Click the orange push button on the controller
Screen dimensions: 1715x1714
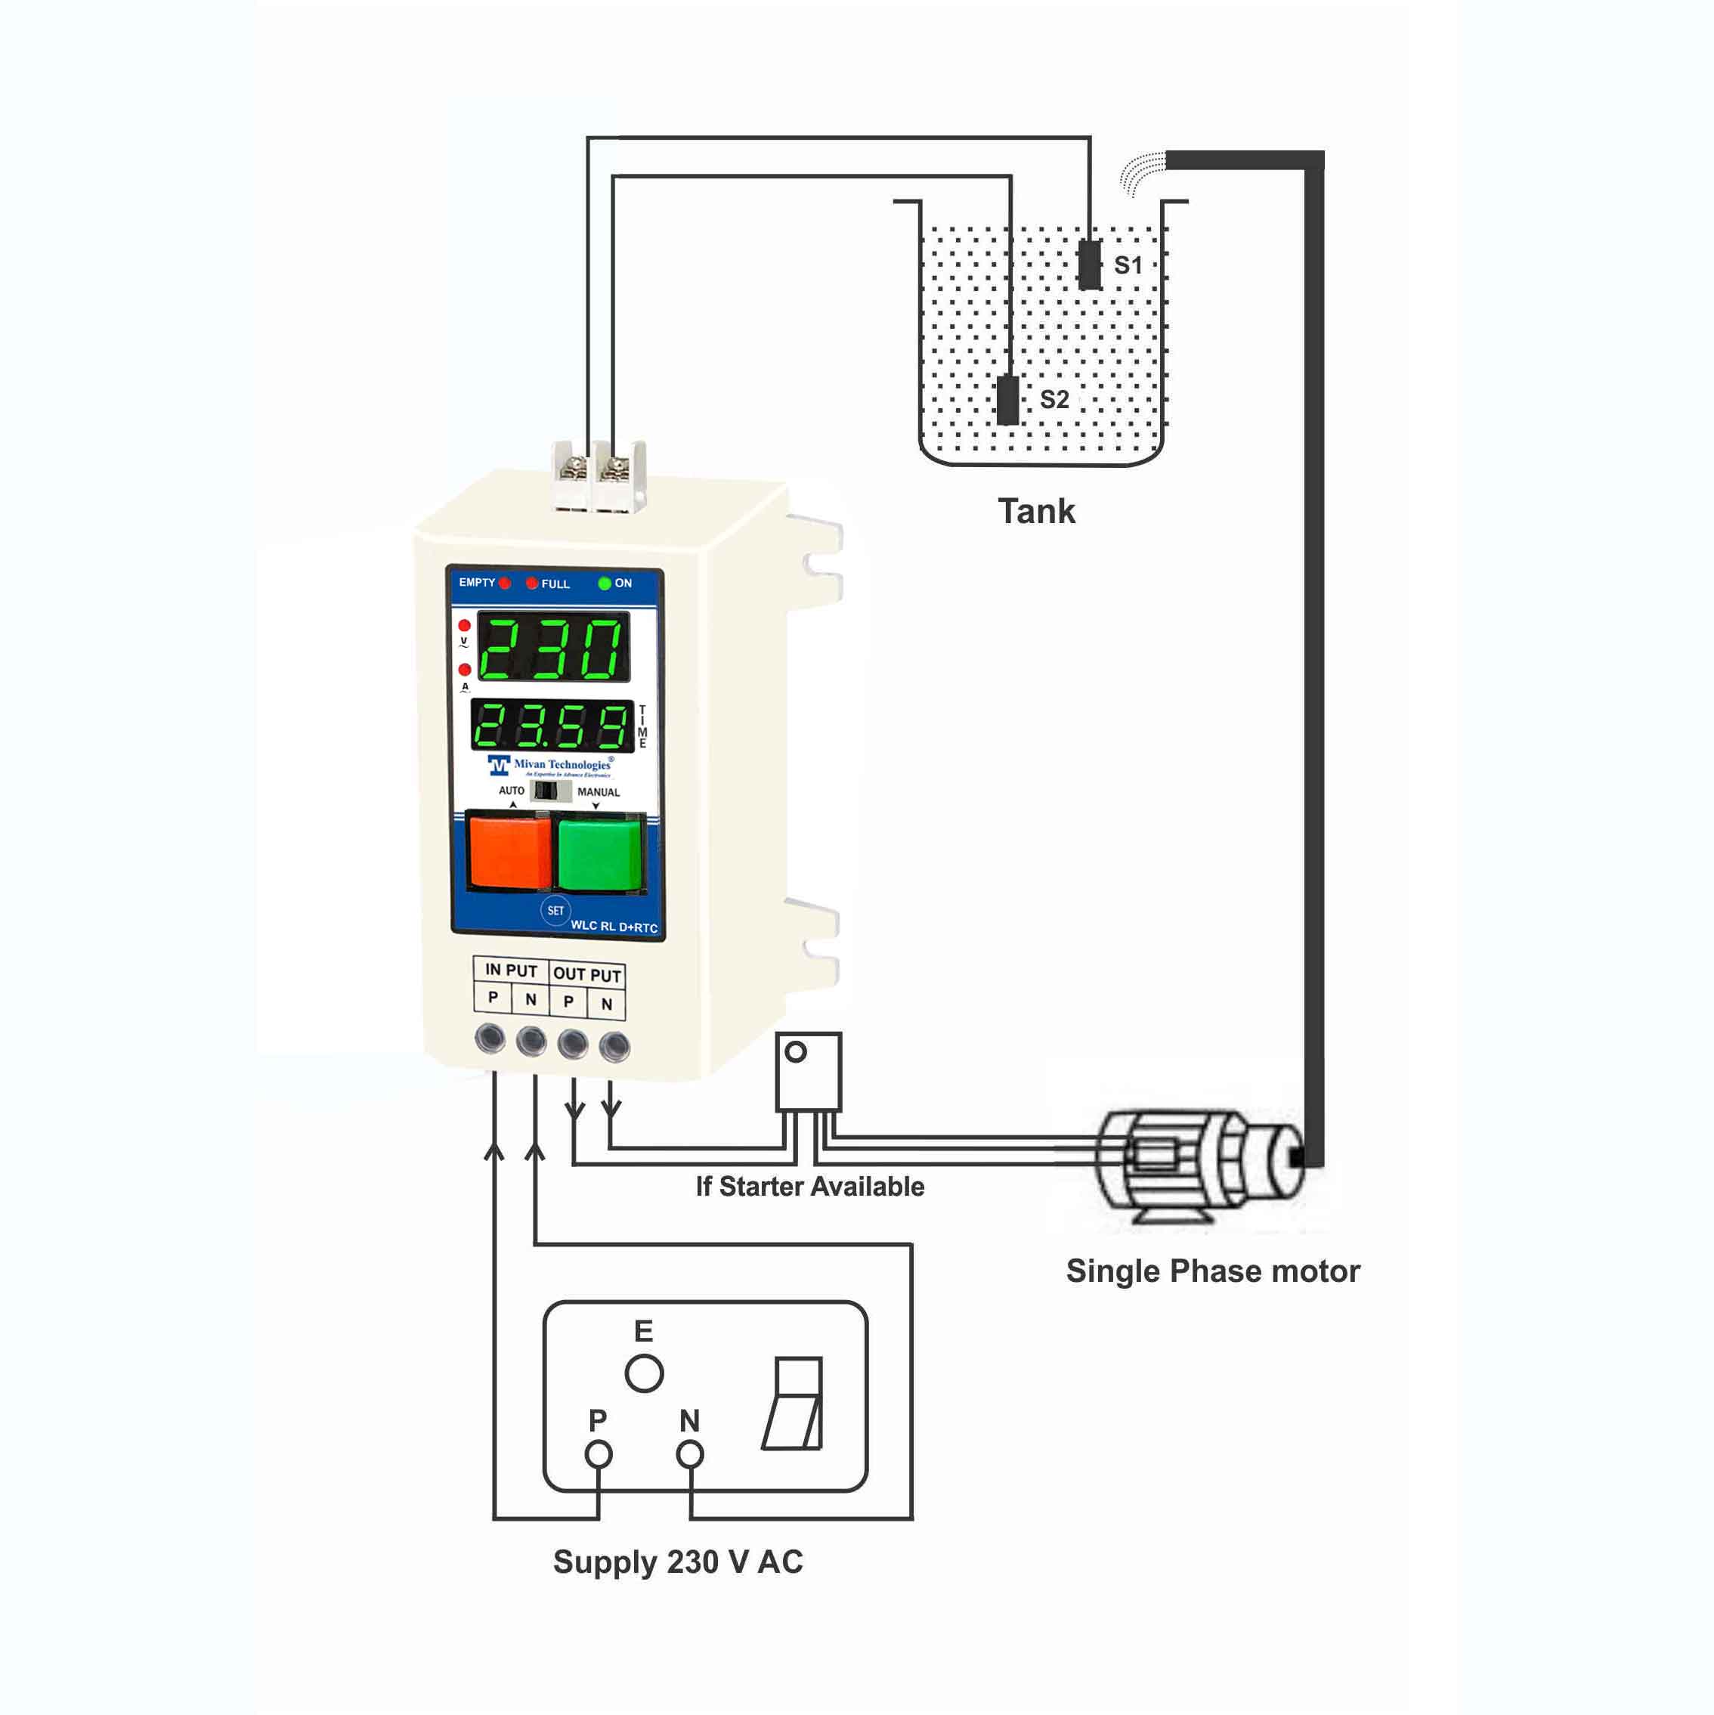509,851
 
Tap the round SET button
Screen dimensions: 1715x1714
555,911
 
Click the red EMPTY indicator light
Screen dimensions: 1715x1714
504,584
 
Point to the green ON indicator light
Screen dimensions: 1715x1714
605,584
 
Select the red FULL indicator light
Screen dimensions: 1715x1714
532,584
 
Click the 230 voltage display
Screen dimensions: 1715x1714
554,647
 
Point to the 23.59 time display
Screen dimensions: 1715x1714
551,726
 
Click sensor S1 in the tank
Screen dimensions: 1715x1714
1089,265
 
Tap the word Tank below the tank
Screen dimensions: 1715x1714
1036,511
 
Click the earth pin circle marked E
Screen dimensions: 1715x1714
644,1373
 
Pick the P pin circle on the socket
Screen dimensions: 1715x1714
599,1454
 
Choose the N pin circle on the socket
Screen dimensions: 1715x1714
690,1454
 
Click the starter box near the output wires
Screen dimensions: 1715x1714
808,1072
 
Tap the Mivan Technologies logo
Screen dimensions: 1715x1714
550,765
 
